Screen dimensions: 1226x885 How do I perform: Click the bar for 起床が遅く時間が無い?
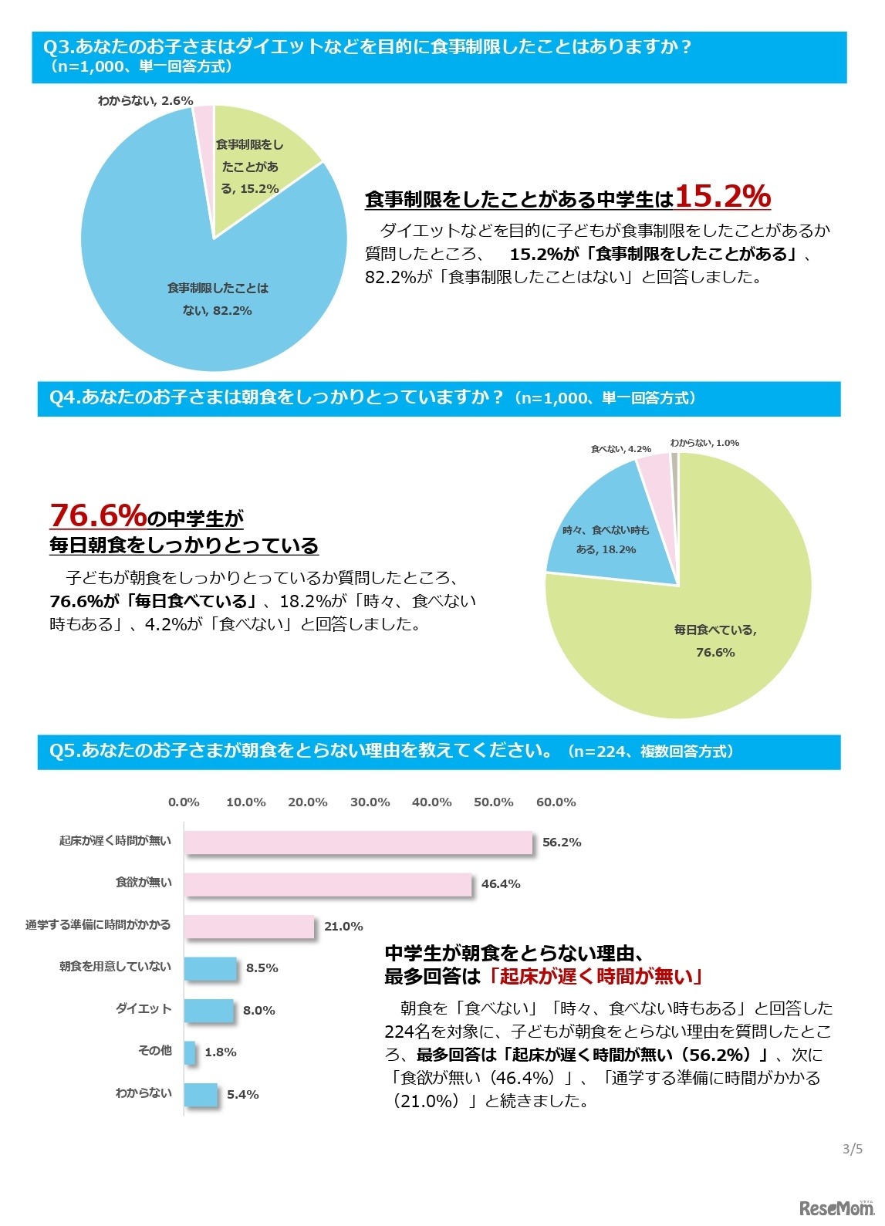358,843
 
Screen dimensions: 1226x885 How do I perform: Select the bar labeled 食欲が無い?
328,884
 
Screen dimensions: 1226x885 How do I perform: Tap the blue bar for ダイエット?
208,1010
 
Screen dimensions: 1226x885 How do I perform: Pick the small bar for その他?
190,1052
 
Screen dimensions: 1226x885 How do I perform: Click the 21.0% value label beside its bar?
343,927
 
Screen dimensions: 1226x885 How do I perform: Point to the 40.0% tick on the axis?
431,802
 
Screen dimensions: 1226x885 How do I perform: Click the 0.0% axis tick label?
184,802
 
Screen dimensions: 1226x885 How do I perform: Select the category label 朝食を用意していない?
115,967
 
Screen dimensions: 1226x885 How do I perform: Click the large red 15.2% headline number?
722,196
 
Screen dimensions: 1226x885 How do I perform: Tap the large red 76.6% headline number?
98,515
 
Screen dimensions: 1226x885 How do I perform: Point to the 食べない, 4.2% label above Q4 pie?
620,449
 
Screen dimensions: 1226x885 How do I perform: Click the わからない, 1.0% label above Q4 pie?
704,443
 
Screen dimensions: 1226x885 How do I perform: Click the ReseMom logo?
836,1208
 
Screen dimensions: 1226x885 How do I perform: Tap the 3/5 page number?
852,1150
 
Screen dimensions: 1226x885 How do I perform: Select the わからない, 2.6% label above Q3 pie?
145,101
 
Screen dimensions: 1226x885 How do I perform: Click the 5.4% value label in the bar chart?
242,1095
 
